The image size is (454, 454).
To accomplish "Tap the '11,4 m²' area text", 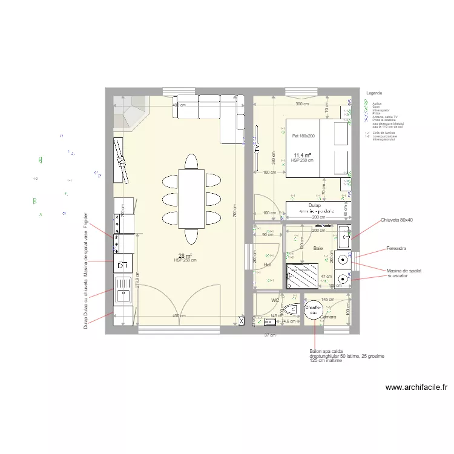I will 302,155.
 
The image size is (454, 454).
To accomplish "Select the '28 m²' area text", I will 185,255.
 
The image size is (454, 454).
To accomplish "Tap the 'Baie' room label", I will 318,248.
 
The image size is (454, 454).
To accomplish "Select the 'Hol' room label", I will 267,265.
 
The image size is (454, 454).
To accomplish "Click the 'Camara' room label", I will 329,317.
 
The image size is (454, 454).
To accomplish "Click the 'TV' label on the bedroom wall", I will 257,148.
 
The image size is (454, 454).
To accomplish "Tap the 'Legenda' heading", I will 375,93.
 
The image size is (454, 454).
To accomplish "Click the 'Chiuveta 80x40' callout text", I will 396,220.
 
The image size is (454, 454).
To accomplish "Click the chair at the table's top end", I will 191,162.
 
